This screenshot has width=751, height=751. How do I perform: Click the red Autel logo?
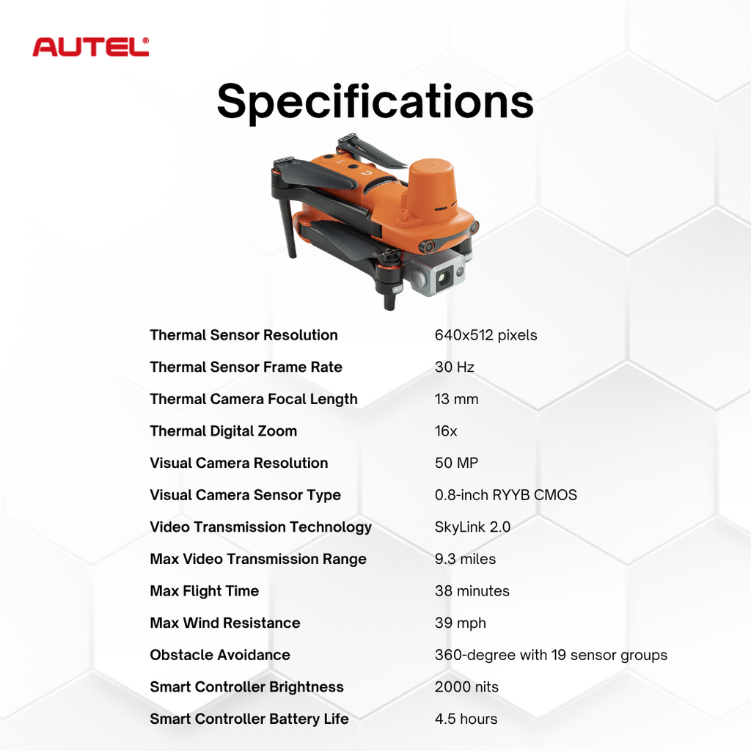click(x=90, y=47)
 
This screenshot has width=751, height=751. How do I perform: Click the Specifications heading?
click(x=375, y=101)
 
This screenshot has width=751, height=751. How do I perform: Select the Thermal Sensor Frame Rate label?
click(x=246, y=367)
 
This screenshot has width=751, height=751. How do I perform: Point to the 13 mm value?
click(x=456, y=399)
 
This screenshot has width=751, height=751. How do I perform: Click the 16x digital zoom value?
click(x=446, y=431)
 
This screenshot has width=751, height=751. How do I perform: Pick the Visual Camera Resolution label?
click(x=238, y=463)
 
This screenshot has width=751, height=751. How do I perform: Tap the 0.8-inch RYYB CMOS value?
click(x=505, y=495)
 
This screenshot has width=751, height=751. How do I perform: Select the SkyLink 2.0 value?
click(x=472, y=527)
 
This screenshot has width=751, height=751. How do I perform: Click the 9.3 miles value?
click(x=465, y=559)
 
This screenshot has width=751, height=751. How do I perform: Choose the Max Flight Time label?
click(x=204, y=591)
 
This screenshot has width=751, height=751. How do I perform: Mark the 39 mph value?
click(x=460, y=623)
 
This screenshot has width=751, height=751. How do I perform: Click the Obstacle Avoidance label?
click(x=220, y=655)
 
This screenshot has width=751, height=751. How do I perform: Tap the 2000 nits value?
click(x=466, y=687)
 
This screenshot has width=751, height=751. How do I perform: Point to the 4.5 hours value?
click(x=466, y=719)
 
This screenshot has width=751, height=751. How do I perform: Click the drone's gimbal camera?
click(x=444, y=276)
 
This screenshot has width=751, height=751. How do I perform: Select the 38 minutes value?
click(x=472, y=591)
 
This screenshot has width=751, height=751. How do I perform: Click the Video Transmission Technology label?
click(x=260, y=527)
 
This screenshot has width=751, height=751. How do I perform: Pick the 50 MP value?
click(x=456, y=463)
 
